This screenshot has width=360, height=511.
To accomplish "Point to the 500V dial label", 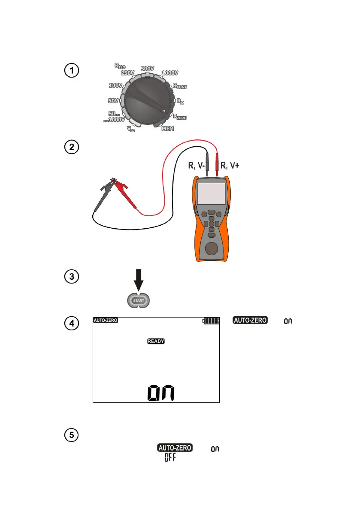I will [x=148, y=69].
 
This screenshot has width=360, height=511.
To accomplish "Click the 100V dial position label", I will [x=115, y=85].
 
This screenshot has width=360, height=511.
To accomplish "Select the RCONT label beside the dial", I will [x=180, y=86].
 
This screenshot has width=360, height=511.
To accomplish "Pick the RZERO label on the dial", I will [x=180, y=116].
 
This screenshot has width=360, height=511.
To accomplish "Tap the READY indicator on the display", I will [x=156, y=342].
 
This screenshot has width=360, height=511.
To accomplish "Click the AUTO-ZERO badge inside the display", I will [x=105, y=321].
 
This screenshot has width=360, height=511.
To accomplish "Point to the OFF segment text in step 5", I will [x=172, y=458].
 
